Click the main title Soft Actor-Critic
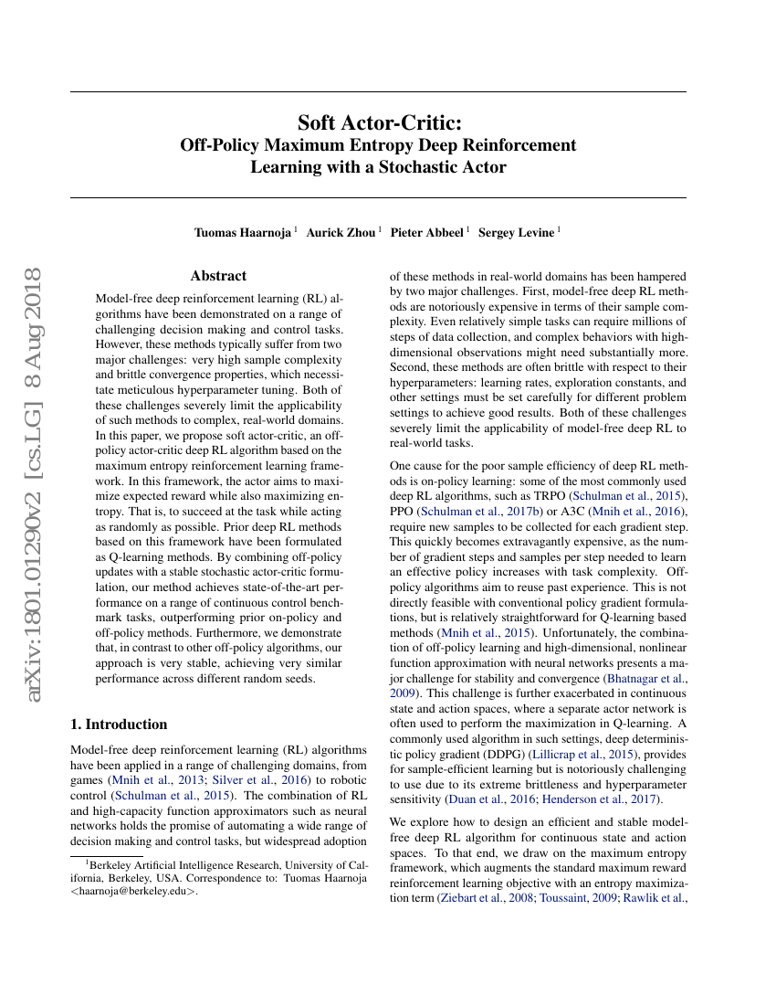click(x=378, y=122)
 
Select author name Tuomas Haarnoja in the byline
click(x=244, y=232)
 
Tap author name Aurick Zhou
click(x=341, y=232)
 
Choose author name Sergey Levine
click(x=516, y=232)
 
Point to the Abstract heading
click(x=218, y=276)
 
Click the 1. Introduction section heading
click(x=119, y=725)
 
